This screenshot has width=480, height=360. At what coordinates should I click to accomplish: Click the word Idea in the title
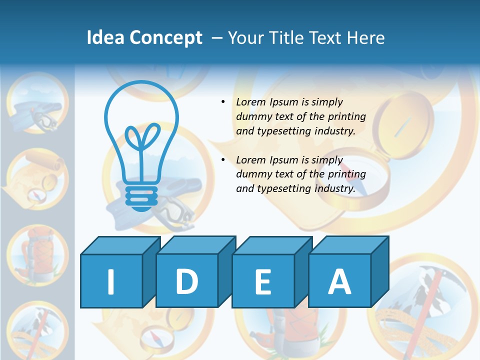(105, 38)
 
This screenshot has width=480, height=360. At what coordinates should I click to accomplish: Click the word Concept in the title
(166, 38)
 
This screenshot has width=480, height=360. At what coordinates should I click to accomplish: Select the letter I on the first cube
(110, 281)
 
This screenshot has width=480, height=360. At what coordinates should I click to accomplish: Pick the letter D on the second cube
(186, 281)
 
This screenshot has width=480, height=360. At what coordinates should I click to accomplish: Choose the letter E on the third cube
(262, 282)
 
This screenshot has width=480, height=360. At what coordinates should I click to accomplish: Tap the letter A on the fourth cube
(339, 281)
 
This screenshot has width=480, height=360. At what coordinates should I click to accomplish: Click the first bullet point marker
(223, 102)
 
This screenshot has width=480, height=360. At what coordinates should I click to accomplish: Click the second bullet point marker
(223, 160)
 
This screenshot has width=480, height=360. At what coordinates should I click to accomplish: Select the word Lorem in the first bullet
(251, 102)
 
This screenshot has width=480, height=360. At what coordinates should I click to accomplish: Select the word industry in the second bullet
(334, 189)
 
